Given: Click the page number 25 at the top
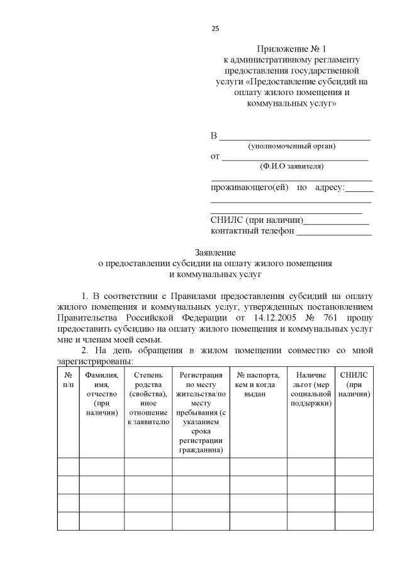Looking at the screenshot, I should [x=215, y=28].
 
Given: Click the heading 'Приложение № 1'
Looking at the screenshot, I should [x=292, y=49].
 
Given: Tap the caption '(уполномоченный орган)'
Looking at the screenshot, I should [x=292, y=146].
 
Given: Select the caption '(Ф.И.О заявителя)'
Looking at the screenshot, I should [x=292, y=167].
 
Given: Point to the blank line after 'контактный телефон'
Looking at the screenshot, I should [x=334, y=232].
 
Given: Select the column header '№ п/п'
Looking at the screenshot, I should [x=68, y=380].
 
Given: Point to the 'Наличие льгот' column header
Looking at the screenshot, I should [x=311, y=389].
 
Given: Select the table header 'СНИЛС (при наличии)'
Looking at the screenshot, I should [x=354, y=385].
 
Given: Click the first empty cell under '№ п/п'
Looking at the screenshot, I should [x=68, y=466].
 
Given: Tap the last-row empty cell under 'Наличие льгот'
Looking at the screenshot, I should [x=311, y=521].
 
